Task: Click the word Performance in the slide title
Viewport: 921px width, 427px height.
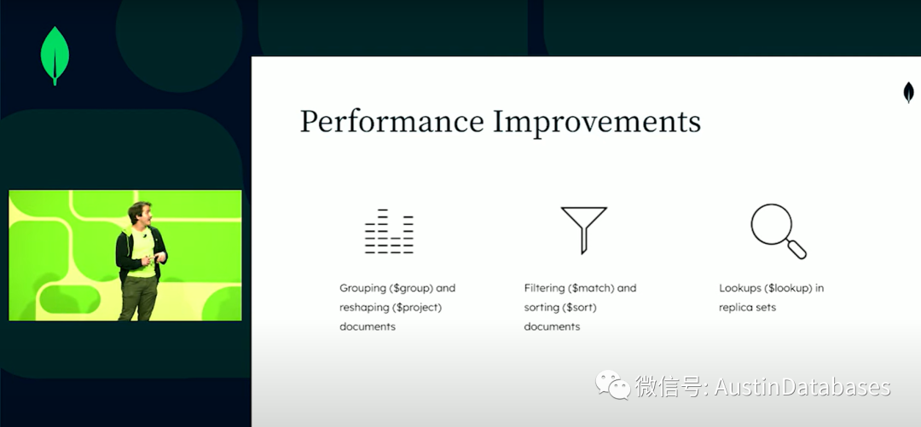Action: click(392, 123)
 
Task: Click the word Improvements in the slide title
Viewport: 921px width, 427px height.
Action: click(597, 122)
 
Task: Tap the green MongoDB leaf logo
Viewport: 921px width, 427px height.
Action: click(55, 55)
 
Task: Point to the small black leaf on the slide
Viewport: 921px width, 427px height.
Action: click(908, 92)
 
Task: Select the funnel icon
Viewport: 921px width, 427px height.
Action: click(583, 229)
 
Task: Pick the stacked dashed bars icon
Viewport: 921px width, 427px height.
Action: click(389, 232)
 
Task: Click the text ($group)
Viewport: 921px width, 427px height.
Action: click(414, 288)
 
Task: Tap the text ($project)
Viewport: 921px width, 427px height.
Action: click(418, 308)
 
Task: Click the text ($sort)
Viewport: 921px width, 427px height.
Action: click(581, 308)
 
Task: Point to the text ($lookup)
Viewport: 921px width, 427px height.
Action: click(789, 288)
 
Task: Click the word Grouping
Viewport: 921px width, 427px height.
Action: click(363, 288)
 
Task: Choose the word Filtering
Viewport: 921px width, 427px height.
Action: click(544, 288)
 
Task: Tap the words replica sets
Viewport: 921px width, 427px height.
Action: click(747, 308)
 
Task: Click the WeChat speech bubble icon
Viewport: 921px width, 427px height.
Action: click(612, 384)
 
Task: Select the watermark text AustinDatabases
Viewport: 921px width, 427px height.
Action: click(802, 386)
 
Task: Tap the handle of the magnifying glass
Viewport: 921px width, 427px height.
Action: click(796, 249)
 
